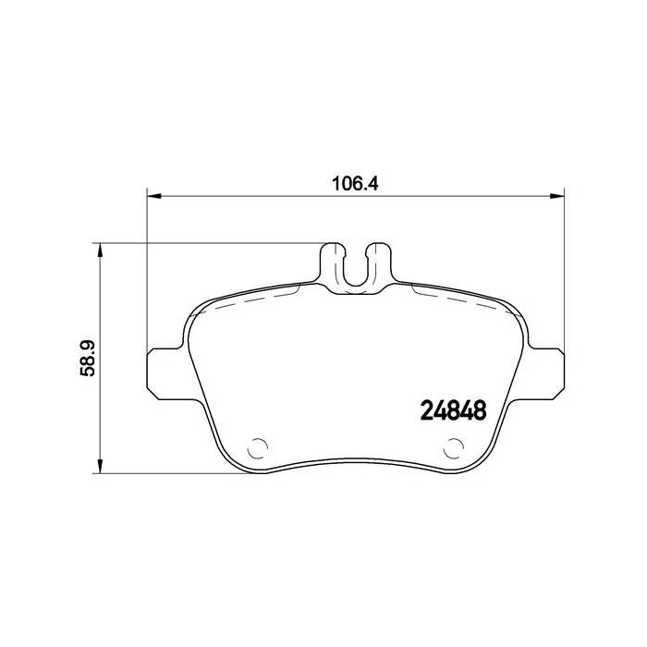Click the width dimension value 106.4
356,182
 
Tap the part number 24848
453,409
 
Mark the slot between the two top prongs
356,268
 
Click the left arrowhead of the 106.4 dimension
154,196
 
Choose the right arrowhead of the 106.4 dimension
557,196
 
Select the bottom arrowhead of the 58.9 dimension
100,469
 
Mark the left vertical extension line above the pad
148,268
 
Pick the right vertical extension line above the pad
564,268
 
